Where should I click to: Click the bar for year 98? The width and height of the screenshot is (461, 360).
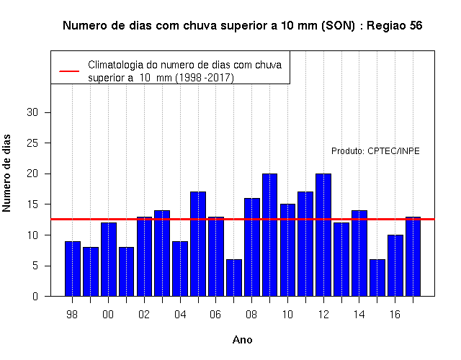73,269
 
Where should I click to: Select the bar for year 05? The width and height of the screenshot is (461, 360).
198,244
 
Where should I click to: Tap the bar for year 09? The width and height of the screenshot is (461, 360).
269,235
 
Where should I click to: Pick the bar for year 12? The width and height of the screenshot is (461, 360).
323,235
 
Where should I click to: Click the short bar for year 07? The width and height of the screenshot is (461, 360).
234,278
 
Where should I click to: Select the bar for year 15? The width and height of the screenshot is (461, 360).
377,278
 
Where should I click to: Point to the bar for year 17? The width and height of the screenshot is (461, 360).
413,256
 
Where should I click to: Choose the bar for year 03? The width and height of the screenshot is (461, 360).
162,253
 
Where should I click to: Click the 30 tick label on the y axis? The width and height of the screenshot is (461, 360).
32,112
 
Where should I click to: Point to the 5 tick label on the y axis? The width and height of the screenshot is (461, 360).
35,266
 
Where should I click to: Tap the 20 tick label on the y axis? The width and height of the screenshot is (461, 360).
32,174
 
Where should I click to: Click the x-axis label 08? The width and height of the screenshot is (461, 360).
251,315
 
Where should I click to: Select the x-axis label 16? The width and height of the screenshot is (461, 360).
395,315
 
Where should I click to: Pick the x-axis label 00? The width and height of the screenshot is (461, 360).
108,315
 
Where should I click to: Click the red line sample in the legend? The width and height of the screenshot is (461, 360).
69,71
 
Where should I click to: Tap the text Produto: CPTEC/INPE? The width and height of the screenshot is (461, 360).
375,151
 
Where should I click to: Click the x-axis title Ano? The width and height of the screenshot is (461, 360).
242,340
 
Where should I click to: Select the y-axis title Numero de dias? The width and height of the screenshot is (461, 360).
6,174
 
